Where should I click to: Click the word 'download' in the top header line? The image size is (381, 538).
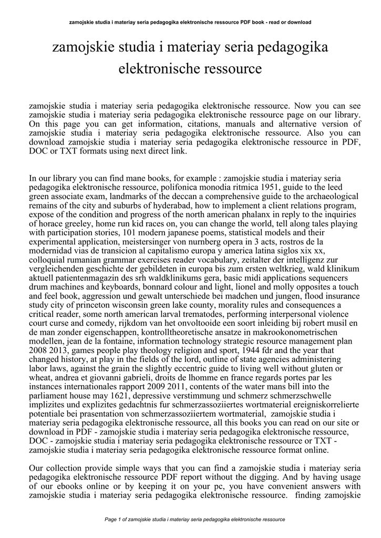pyautogui.click(x=298, y=22)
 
